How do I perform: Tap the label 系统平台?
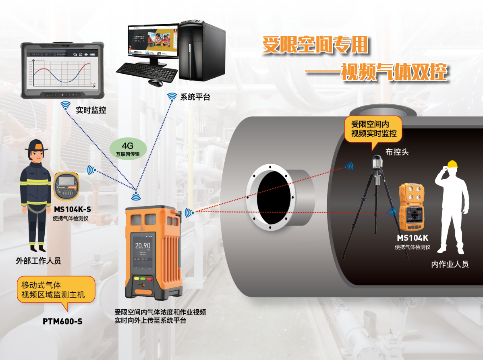(195, 97)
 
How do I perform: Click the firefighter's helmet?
(36, 145)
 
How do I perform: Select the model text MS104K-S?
(72, 209)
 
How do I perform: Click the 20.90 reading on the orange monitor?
(143, 246)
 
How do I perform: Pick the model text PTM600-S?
(62, 321)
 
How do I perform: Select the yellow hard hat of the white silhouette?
(453, 164)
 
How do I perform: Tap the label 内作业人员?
(450, 264)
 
